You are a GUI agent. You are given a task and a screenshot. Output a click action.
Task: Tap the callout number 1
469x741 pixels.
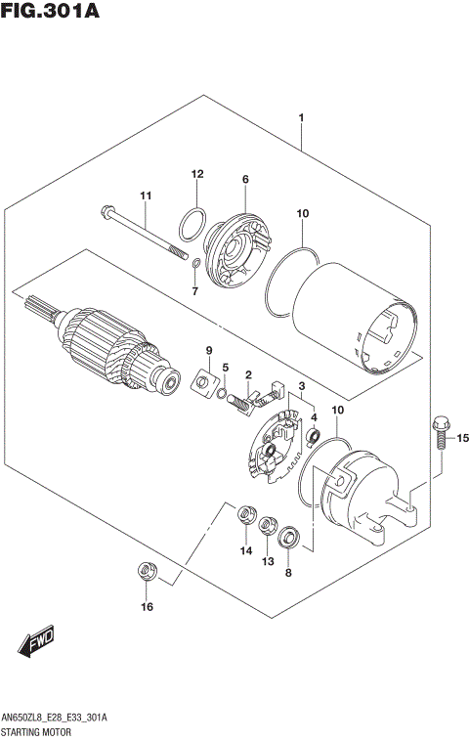[302, 119]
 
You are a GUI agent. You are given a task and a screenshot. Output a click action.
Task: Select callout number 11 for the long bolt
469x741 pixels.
[145, 197]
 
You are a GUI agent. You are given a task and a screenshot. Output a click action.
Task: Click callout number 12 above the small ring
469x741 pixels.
[196, 174]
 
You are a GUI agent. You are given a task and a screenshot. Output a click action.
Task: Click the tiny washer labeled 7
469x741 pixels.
[195, 263]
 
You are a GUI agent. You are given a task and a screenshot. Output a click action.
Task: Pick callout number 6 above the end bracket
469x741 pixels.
[245, 179]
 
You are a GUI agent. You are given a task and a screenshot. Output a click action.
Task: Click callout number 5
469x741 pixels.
[225, 368]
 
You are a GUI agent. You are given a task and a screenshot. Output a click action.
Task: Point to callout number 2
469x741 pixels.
[249, 374]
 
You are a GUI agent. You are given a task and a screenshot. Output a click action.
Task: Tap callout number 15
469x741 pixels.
[462, 437]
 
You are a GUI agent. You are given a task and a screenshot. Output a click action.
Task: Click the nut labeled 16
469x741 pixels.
[147, 571]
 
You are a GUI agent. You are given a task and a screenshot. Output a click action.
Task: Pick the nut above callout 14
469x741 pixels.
[246, 512]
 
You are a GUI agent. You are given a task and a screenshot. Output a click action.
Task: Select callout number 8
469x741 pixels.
[288, 573]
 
